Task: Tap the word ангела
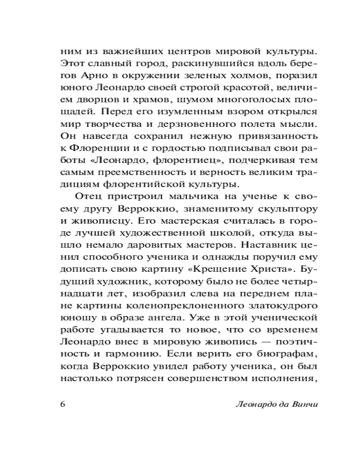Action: click(167, 318)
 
